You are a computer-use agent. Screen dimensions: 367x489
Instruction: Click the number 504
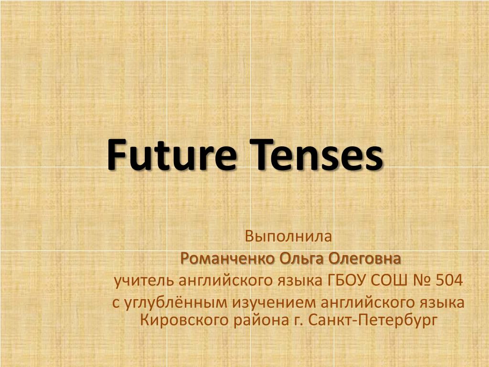click(x=449, y=280)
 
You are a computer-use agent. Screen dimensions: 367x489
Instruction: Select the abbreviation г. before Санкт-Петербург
click(x=298, y=319)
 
